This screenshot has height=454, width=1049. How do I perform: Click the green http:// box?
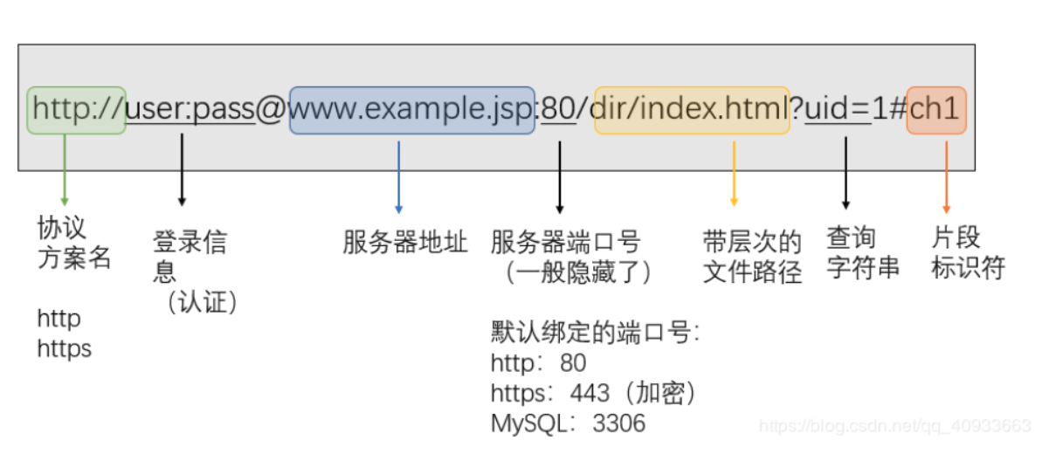point(76,110)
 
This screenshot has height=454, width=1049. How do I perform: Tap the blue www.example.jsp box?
point(411,110)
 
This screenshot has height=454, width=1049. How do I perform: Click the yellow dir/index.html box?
point(692,110)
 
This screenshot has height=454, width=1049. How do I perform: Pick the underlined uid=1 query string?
point(839,110)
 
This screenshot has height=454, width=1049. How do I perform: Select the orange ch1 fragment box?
point(936,110)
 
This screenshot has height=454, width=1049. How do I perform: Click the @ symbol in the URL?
point(272,111)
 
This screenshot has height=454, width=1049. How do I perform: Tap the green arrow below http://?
point(64,170)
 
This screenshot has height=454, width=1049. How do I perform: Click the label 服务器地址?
point(405,242)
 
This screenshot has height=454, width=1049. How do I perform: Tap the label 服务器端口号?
point(565,242)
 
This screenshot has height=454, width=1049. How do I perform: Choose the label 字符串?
point(863,267)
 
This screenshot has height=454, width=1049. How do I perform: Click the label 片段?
point(956,238)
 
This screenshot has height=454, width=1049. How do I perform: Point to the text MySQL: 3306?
point(568,424)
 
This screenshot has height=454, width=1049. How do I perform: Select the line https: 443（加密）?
point(594,393)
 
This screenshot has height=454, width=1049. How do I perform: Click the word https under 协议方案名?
point(64,349)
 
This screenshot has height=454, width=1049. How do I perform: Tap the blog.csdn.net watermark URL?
point(894,426)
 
